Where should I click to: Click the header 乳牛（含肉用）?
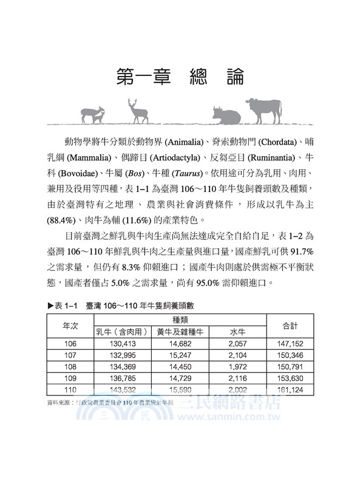pos(122,332)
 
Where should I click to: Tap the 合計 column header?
pos(290,326)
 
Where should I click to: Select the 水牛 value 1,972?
pos(237,366)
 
